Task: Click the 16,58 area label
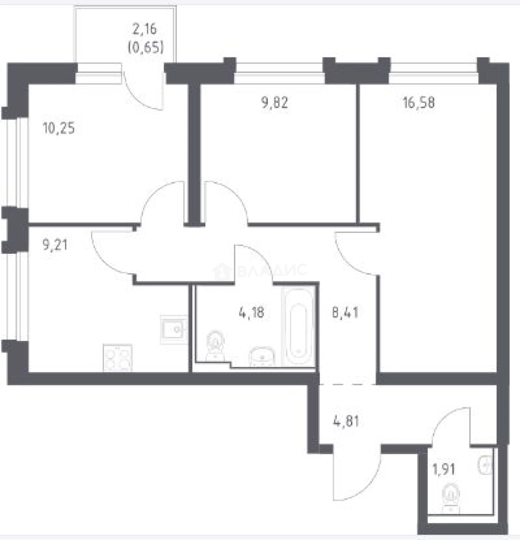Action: click(419, 102)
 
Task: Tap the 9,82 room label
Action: click(275, 102)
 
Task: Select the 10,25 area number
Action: click(58, 128)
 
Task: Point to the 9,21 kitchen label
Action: click(55, 244)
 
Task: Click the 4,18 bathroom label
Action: click(251, 312)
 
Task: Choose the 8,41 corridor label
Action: click(345, 312)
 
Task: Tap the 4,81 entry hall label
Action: click(346, 421)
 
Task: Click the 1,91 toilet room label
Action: click(444, 469)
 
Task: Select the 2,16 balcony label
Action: click(145, 28)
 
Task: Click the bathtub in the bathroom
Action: click(298, 326)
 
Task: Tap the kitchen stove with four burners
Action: click(118, 358)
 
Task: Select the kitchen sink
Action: click(174, 329)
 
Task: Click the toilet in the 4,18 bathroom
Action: click(215, 346)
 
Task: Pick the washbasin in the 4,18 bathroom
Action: click(262, 356)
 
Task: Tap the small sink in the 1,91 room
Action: click(485, 465)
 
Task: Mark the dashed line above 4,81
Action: click(348, 384)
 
